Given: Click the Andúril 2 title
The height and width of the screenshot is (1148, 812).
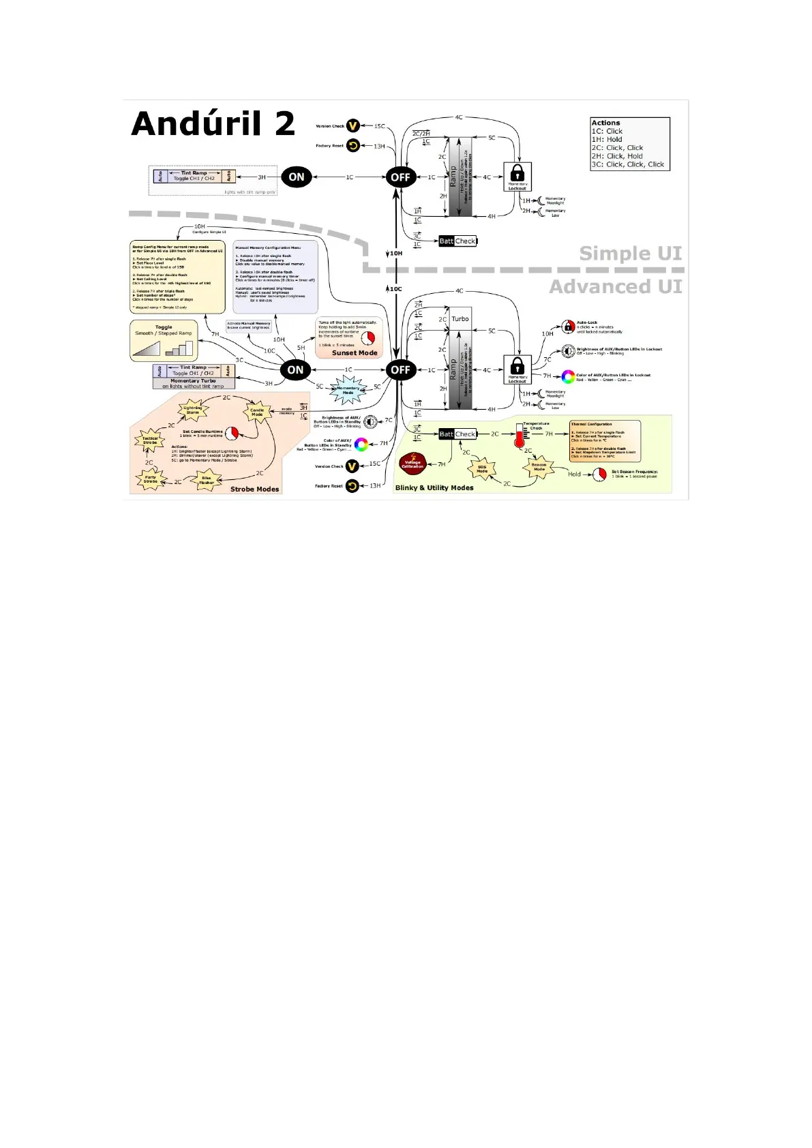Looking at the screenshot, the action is point(213,124).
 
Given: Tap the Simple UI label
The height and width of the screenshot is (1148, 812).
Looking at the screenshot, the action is point(630,254).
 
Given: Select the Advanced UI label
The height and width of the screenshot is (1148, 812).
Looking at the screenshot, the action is point(615,287).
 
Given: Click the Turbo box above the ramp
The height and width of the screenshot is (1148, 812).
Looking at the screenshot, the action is point(460,319).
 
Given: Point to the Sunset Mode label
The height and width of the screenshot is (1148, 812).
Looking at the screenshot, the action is point(355,353).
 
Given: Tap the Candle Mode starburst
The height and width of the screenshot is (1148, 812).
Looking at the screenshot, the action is point(257,412).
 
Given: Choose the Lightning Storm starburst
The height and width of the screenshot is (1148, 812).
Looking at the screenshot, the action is point(193,410).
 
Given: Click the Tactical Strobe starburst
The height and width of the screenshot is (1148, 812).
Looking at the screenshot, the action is point(150,440).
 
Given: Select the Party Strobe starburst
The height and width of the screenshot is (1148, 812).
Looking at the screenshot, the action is point(151,479).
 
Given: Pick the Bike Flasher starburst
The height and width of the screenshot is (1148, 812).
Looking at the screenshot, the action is point(207,481).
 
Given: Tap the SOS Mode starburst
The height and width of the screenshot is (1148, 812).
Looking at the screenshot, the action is point(482,470).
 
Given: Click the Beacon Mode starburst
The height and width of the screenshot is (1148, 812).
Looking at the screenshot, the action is point(539,467).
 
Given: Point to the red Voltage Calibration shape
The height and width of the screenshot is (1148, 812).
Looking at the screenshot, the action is point(412,464).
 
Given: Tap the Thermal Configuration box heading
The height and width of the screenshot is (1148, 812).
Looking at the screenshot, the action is point(591,424).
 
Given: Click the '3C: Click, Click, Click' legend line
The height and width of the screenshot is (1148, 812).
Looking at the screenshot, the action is point(627,164).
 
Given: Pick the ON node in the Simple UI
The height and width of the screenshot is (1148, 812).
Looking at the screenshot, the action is point(296,177).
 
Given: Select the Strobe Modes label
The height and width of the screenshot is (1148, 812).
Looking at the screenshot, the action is point(254,489).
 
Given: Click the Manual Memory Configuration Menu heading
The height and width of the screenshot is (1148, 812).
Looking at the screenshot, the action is point(268,247).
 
